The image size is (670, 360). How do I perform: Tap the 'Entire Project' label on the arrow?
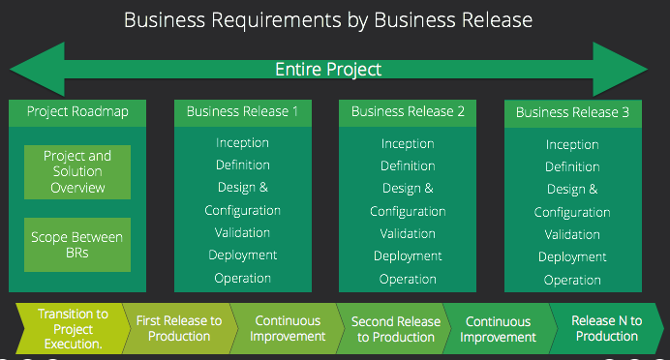(328, 70)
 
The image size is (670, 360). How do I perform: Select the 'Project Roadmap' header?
(77, 111)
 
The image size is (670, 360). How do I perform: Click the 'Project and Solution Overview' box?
(77, 171)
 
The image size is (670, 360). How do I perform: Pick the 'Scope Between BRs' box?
(77, 244)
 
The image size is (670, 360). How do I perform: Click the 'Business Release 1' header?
(242, 111)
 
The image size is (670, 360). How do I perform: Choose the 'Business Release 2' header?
(408, 111)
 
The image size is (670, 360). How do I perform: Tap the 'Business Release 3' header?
(572, 113)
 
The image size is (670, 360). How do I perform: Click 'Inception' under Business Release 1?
(242, 143)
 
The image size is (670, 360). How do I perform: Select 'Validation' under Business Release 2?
(408, 233)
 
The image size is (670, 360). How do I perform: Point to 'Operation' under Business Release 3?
(572, 280)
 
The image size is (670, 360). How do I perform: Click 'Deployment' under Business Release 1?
(242, 255)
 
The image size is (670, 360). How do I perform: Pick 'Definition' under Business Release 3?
(572, 167)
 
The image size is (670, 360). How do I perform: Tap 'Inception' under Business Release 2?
(408, 143)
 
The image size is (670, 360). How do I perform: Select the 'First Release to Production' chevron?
(179, 328)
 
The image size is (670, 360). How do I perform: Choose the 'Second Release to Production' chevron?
(395, 329)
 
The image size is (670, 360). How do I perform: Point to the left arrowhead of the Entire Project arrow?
(29, 70)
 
